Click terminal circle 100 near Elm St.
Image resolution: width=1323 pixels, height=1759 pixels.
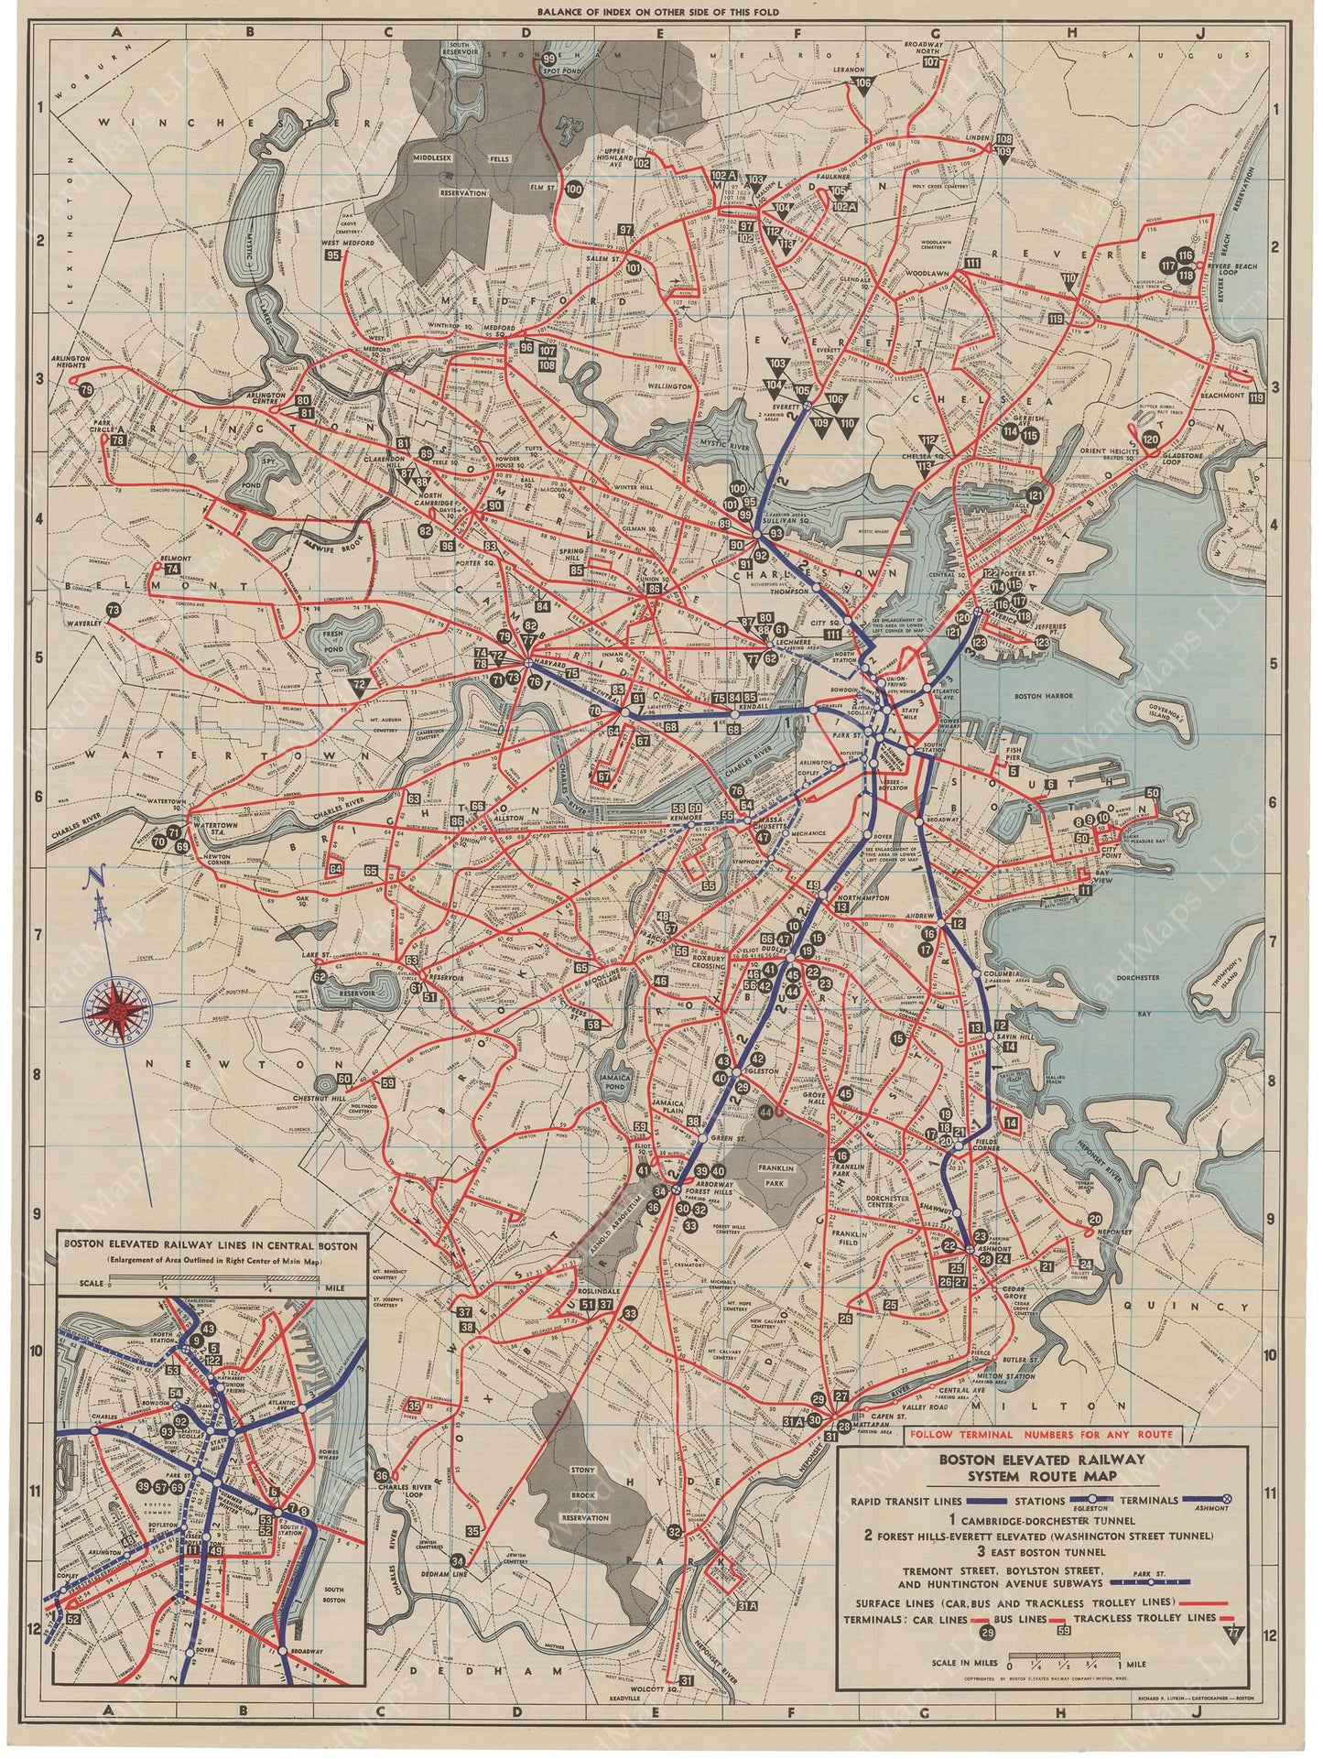574,190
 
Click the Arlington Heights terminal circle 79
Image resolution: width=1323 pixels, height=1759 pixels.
86,390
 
